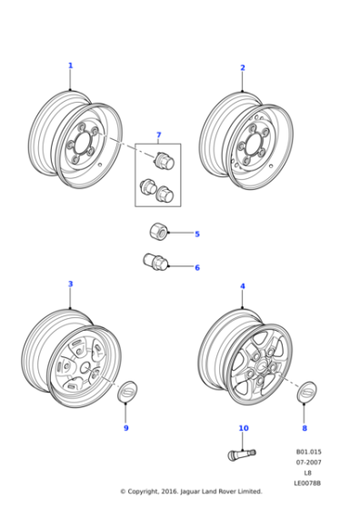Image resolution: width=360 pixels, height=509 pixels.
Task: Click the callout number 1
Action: pyautogui.click(x=70, y=65)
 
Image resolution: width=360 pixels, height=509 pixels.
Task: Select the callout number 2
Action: pyautogui.click(x=243, y=68)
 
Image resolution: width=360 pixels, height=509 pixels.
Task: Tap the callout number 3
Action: pyautogui.click(x=70, y=284)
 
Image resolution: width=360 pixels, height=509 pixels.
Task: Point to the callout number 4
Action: pyautogui.click(x=243, y=286)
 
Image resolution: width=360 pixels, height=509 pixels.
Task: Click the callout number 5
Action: pyautogui.click(x=196, y=234)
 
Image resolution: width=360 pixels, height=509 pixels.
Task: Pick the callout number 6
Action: pyautogui.click(x=196, y=267)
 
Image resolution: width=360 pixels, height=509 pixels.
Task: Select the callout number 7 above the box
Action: pyautogui.click(x=158, y=135)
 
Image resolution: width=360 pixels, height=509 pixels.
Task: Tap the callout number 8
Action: pyautogui.click(x=305, y=427)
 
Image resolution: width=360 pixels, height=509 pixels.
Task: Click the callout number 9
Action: pyautogui.click(x=126, y=427)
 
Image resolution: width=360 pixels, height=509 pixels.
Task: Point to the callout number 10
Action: pyautogui.click(x=243, y=427)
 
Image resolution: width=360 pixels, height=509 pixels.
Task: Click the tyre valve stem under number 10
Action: pyautogui.click(x=241, y=452)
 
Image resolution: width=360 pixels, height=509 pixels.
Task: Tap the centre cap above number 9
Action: pyautogui.click(x=127, y=393)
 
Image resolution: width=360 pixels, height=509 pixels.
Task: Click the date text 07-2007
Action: pyautogui.click(x=308, y=462)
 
